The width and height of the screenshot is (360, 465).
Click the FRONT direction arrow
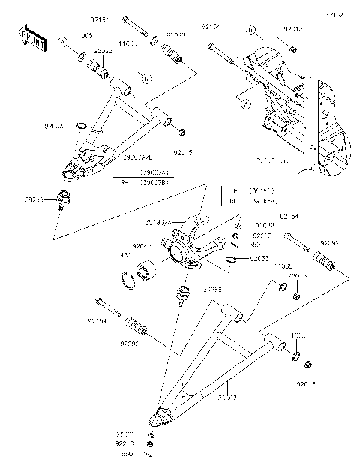click(28, 35)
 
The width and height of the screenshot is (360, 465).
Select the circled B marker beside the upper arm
click(145, 76)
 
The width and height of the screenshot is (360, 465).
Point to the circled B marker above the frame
click(250, 31)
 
